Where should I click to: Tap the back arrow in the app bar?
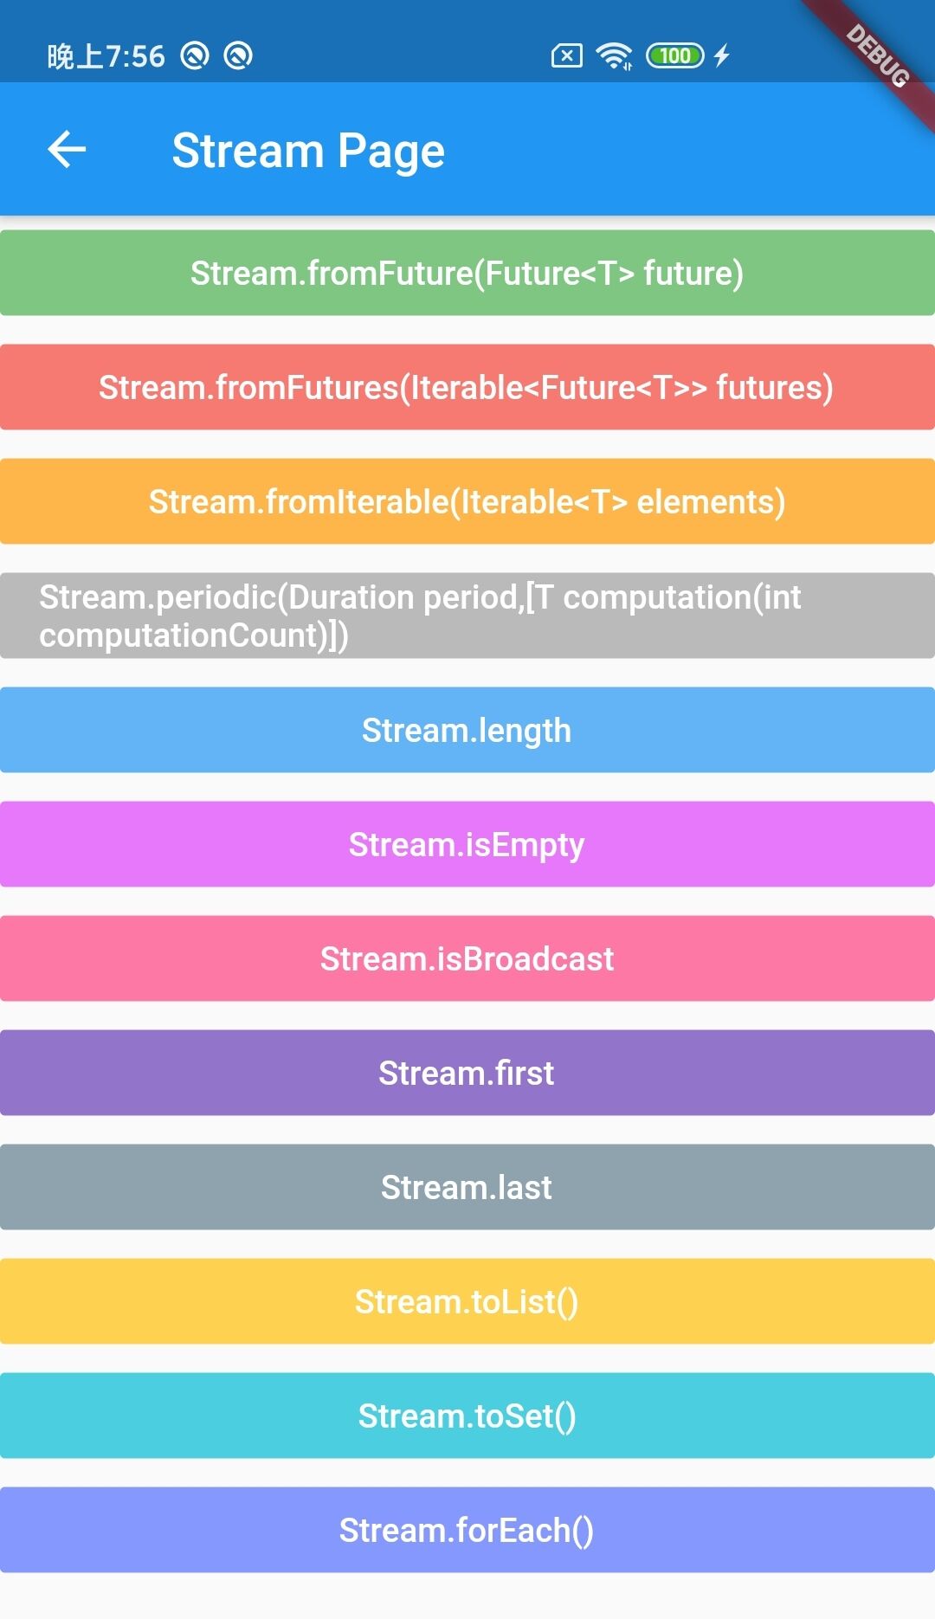click(67, 149)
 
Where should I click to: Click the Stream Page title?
click(308, 151)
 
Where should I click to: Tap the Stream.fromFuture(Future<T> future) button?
click(467, 273)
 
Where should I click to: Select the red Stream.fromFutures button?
click(467, 387)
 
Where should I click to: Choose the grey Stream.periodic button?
click(467, 616)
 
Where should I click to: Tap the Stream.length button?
click(467, 730)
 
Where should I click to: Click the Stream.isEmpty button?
click(467, 844)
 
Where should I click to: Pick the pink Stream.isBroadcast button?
click(467, 958)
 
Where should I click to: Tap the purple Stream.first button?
click(467, 1073)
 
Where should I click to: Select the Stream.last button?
click(467, 1187)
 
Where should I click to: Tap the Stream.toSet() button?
click(467, 1416)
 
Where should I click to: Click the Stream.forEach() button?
click(467, 1530)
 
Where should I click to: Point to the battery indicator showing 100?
click(675, 56)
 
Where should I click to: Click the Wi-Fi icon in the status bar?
click(615, 56)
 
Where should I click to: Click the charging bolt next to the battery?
click(722, 56)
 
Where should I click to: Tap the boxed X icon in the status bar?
click(567, 56)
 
